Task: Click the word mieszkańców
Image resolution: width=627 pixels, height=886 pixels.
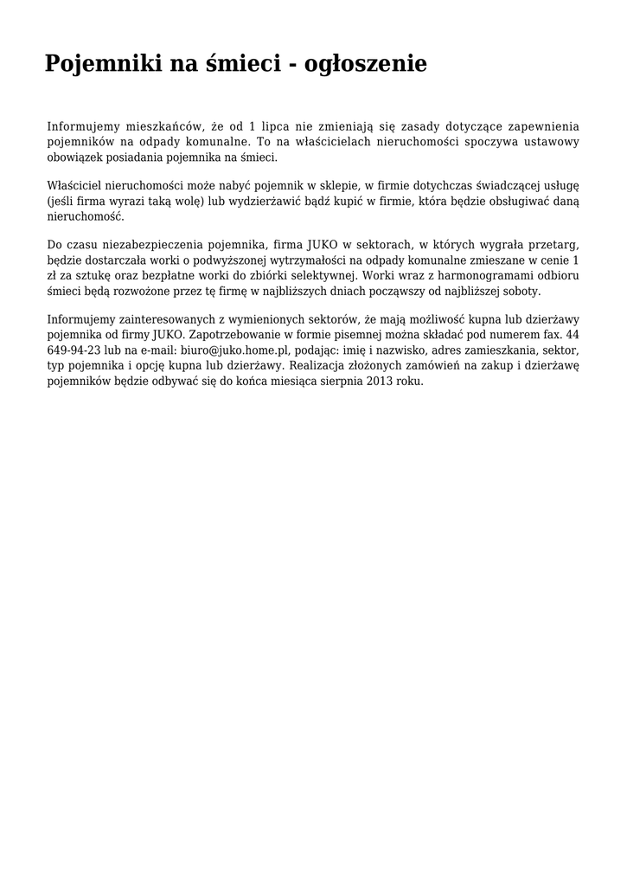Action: click(164, 126)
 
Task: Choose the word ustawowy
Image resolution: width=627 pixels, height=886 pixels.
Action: click(548, 142)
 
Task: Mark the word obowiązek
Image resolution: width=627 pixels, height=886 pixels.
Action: click(76, 158)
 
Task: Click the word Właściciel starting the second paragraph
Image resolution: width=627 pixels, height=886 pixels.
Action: click(76, 185)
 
